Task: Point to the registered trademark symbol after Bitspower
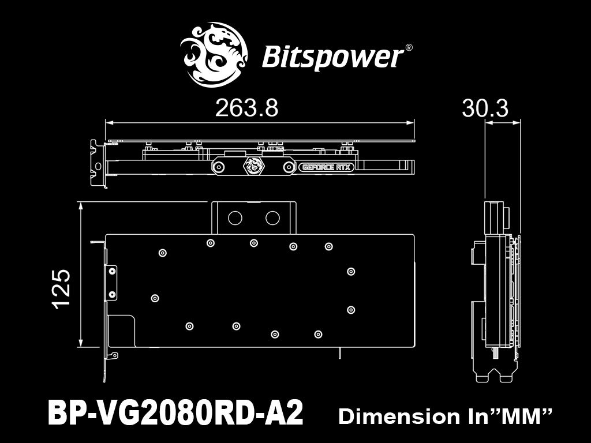tap(409, 48)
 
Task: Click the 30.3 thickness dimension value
tap(485, 108)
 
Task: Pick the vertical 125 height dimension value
tap(61, 288)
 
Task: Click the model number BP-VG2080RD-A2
tap(175, 414)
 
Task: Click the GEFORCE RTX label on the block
tap(326, 168)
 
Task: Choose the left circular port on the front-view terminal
tap(235, 217)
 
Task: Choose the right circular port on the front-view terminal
tap(272, 217)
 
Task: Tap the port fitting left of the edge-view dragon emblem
tap(219, 167)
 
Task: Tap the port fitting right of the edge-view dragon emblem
tap(288, 167)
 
